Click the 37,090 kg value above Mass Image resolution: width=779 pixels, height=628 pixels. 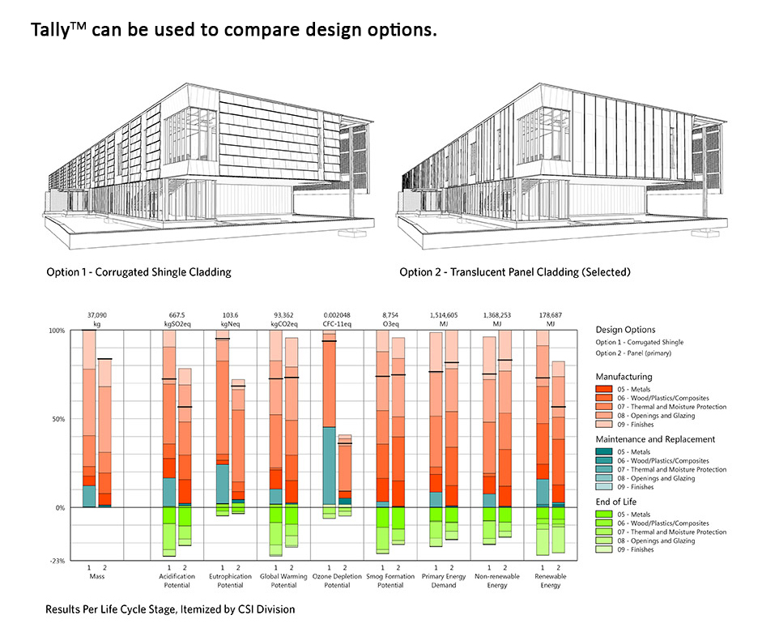tap(97, 316)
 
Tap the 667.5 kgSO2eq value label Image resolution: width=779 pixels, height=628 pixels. tap(177, 316)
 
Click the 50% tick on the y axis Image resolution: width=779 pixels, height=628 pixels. tap(56, 419)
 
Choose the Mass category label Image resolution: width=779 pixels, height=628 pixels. tap(97, 576)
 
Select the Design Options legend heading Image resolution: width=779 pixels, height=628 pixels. tap(625, 330)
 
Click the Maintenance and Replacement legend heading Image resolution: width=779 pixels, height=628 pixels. tap(655, 439)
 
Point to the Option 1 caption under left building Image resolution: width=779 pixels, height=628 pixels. tap(138, 272)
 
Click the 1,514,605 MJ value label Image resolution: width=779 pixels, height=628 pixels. tap(445, 316)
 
